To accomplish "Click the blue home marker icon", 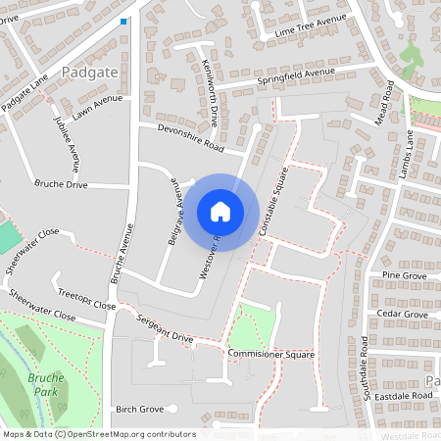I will (x=220, y=211).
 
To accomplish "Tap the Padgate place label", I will (x=87, y=73).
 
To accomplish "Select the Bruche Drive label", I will (x=61, y=184).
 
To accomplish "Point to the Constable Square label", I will (x=275, y=206).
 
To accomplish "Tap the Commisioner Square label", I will (x=269, y=353).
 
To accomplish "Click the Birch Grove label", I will (x=138, y=409).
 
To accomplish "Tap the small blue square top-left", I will (x=123, y=21).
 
